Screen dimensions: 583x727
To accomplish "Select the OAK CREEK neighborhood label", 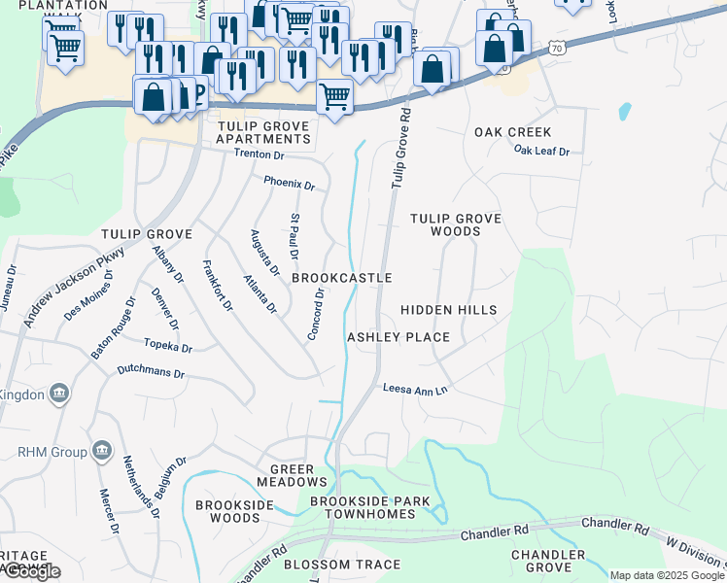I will [x=512, y=132].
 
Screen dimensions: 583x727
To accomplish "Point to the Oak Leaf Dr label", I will [x=541, y=151].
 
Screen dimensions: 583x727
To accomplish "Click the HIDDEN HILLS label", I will [x=449, y=310].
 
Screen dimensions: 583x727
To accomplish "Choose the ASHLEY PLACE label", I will [x=398, y=337].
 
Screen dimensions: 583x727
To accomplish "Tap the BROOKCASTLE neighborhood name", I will [x=342, y=278].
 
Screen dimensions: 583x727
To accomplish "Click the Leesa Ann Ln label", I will [x=415, y=390].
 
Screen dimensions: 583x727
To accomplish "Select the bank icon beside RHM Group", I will [x=100, y=452].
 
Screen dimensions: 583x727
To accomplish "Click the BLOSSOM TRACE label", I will [x=329, y=565].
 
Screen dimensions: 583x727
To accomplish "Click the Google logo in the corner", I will [x=31, y=571].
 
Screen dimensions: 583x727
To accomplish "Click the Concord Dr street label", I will [x=315, y=314].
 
